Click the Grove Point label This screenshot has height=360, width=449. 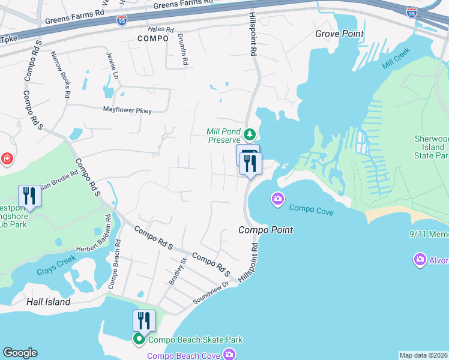(339, 34)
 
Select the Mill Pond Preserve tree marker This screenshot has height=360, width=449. (250, 134)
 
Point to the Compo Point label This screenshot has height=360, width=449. (265, 230)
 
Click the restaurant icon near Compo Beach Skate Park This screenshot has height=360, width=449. (143, 320)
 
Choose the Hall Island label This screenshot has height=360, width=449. (49, 302)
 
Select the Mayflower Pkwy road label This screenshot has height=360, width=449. (127, 110)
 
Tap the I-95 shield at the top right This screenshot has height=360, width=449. (411, 12)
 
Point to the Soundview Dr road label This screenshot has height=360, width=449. (211, 292)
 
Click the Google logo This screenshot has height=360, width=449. (20, 353)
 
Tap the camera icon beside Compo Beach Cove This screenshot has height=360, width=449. (229, 355)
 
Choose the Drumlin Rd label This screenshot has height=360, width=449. (183, 49)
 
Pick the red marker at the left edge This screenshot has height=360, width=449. (6, 159)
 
